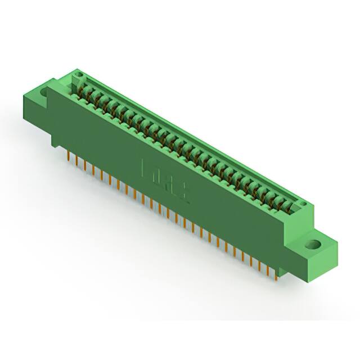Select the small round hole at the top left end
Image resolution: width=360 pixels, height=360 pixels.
coord(79,74)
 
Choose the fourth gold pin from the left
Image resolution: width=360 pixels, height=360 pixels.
coord(93,170)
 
